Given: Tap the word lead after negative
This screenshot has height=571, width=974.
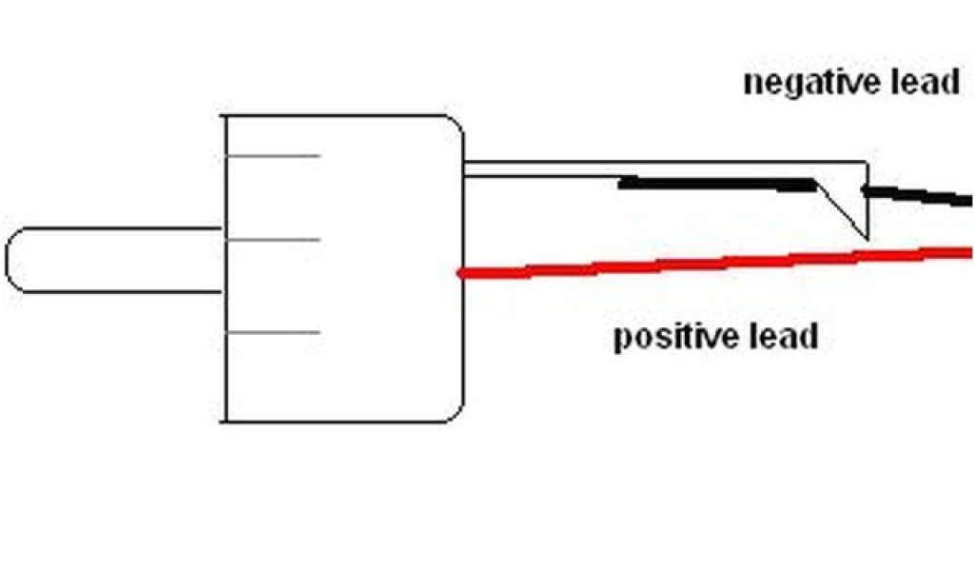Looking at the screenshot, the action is click(x=922, y=82).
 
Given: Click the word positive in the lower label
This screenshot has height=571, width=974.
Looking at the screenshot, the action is click(x=676, y=337).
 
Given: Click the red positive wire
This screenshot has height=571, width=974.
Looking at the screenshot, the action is click(x=713, y=262).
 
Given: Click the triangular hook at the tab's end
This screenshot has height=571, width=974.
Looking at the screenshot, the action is click(x=852, y=205).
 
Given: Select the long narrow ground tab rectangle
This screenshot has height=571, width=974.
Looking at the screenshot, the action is click(x=666, y=169).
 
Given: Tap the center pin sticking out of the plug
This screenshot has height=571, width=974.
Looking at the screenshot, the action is click(x=114, y=260).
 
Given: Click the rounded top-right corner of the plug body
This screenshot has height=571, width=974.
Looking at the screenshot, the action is click(x=455, y=125).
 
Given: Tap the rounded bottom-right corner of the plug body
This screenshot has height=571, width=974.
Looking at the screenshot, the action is click(x=455, y=412).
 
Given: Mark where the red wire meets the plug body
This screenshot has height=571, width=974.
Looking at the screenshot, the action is click(x=461, y=274).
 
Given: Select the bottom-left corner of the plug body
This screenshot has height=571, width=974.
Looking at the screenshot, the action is click(x=224, y=421).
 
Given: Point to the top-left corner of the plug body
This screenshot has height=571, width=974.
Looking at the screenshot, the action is click(x=224, y=116).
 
